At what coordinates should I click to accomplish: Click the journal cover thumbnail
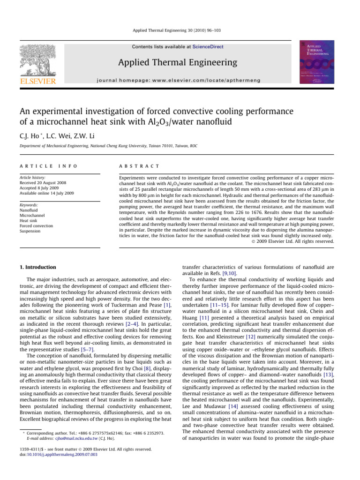point(317,63)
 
